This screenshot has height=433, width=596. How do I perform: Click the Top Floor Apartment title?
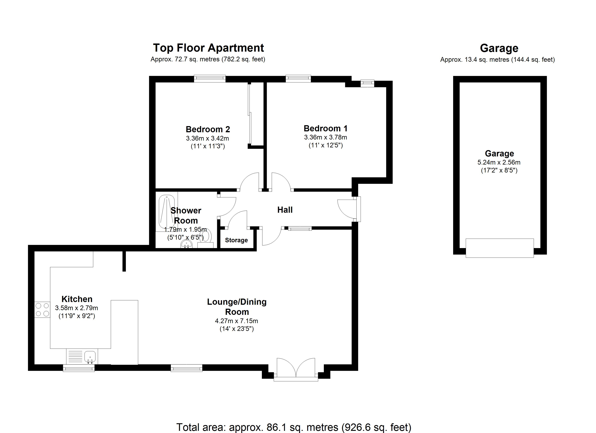(x=208, y=48)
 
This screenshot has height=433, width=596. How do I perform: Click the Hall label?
(x=285, y=210)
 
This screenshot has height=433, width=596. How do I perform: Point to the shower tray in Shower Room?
(x=167, y=212)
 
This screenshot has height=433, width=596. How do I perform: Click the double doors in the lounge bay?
(x=296, y=368)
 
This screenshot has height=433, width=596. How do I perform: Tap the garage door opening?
(x=500, y=248)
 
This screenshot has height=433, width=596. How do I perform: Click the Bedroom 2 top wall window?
(x=210, y=78)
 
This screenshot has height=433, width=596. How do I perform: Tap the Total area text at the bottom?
(x=293, y=427)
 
